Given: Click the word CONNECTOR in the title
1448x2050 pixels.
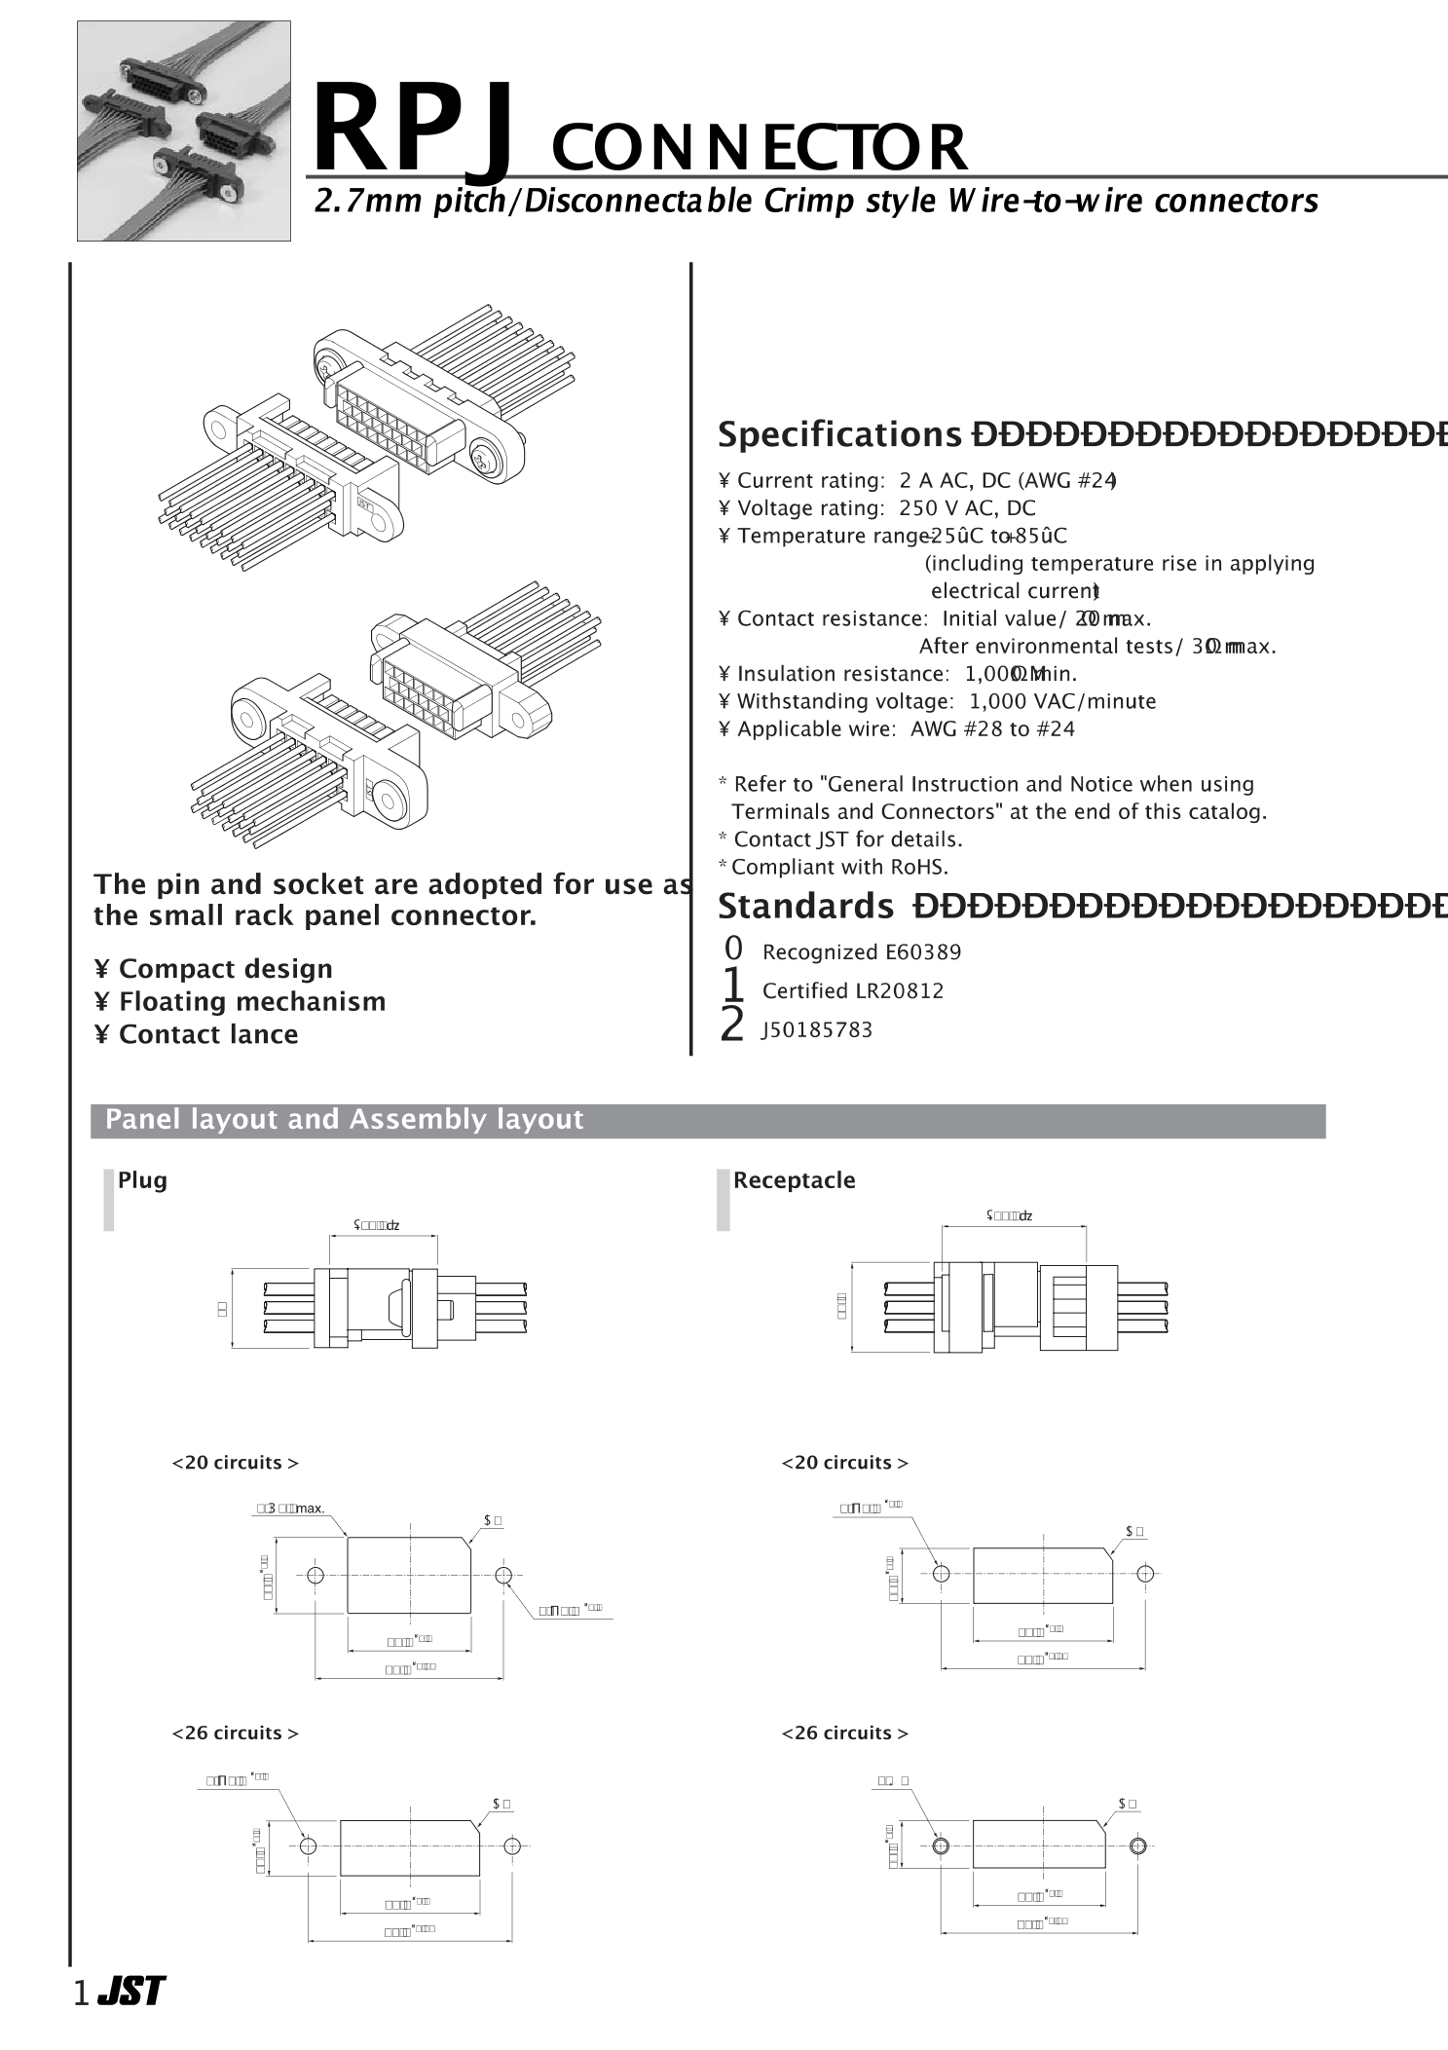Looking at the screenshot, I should coord(759,148).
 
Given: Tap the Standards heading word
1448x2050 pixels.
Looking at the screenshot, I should coord(804,906).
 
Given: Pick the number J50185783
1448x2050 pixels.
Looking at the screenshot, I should coord(817,1030).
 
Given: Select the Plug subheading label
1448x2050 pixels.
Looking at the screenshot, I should coord(142,1180).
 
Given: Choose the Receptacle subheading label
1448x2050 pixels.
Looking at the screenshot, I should coord(794,1180).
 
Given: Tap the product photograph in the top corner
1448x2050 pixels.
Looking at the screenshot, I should coord(184,130).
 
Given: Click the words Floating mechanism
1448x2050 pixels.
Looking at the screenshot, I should coord(252,1001).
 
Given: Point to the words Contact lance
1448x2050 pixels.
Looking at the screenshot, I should coord(208,1034).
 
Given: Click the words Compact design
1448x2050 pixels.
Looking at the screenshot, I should coord(225,969).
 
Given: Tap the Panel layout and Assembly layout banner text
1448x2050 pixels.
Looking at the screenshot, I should coord(345,1120).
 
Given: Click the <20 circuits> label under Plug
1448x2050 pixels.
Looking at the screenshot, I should coord(235,1463).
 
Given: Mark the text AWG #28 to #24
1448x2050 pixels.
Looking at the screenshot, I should coord(992,729).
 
